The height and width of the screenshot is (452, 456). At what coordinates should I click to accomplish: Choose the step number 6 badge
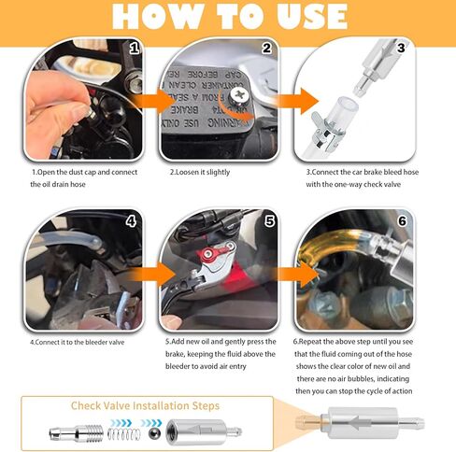point(402,222)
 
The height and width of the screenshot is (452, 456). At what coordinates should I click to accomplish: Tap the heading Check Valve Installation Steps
point(145,405)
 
